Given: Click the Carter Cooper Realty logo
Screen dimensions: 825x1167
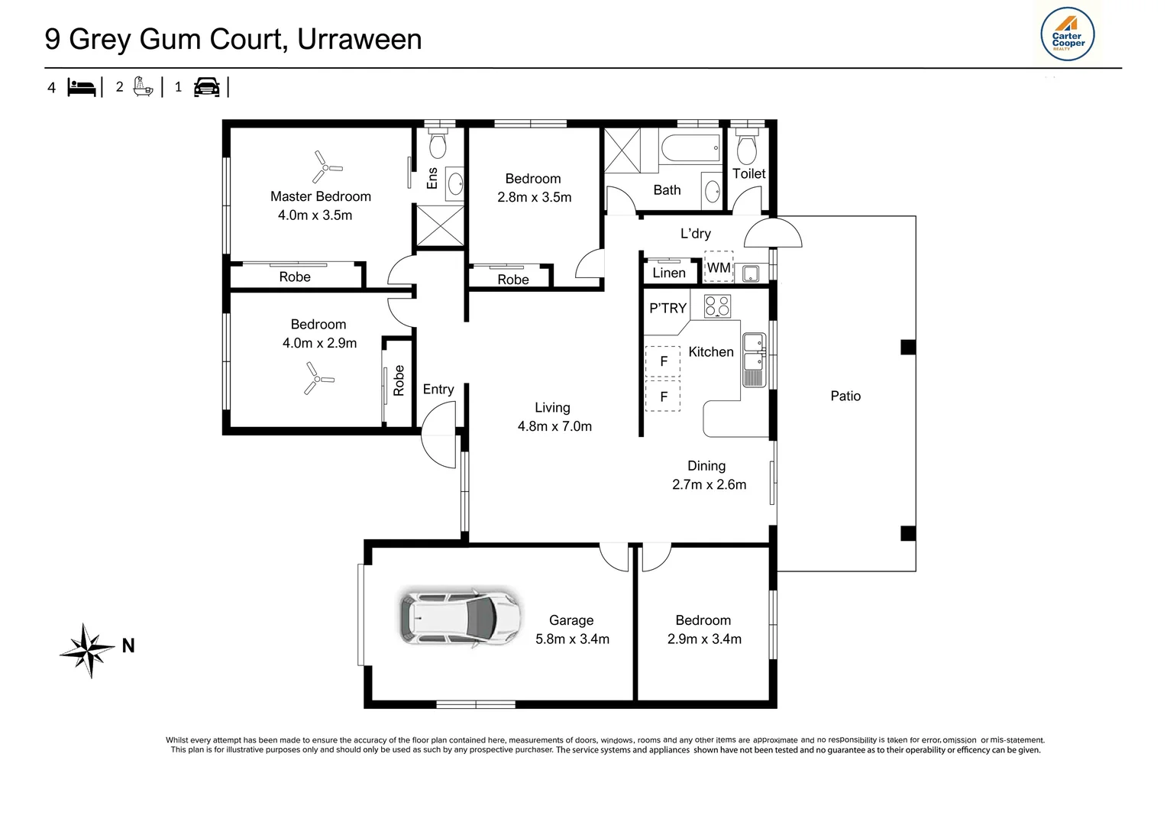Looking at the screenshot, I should pyautogui.click(x=1067, y=34).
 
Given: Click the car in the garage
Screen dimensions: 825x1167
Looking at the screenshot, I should pyautogui.click(x=461, y=617).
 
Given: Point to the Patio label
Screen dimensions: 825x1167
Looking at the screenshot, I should pyautogui.click(x=845, y=396).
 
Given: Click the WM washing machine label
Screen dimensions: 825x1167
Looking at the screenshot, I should pyautogui.click(x=718, y=268).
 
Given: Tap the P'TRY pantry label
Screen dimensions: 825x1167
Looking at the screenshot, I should pyautogui.click(x=668, y=308).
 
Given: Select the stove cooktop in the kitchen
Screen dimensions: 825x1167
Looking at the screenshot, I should pyautogui.click(x=717, y=306).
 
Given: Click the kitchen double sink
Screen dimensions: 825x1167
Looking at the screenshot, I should pyautogui.click(x=754, y=360).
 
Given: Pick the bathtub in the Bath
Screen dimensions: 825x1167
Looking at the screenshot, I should pyautogui.click(x=690, y=147).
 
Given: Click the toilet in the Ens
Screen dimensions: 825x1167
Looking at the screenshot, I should pyautogui.click(x=438, y=143).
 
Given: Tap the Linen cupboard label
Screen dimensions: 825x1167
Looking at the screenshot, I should pyautogui.click(x=668, y=273).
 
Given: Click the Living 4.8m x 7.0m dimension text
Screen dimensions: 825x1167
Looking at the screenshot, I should pyautogui.click(x=554, y=426).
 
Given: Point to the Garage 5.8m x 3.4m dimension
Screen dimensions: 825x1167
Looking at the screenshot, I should pyautogui.click(x=572, y=639).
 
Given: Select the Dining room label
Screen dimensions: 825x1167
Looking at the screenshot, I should pyautogui.click(x=706, y=465).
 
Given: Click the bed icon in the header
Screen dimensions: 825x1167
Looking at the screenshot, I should pyautogui.click(x=82, y=87).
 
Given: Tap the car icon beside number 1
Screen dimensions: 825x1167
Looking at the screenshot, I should pyautogui.click(x=206, y=87).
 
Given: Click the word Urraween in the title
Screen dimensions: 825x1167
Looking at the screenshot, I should pyautogui.click(x=359, y=39).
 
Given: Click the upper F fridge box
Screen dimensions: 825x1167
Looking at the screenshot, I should pyautogui.click(x=663, y=361).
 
